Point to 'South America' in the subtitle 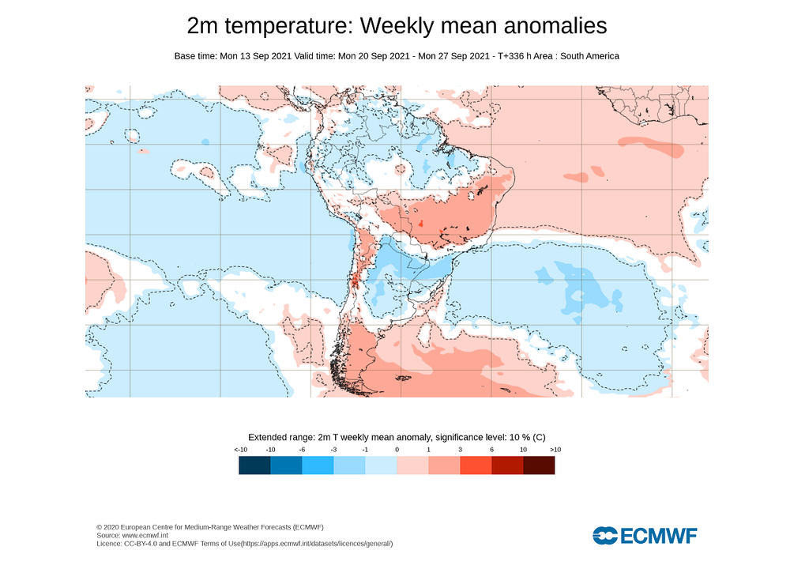(x=589, y=56)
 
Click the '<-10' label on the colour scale (x=240, y=450)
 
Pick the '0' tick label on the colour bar (x=397, y=450)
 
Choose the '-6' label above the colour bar (x=302, y=450)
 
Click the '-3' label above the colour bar (x=333, y=450)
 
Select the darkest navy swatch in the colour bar (x=254, y=465)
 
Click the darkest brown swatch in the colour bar (x=539, y=465)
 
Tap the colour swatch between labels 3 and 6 (x=476, y=465)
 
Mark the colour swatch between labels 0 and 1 (x=412, y=465)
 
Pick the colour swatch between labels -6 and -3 (x=318, y=465)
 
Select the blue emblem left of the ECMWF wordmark (x=605, y=536)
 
